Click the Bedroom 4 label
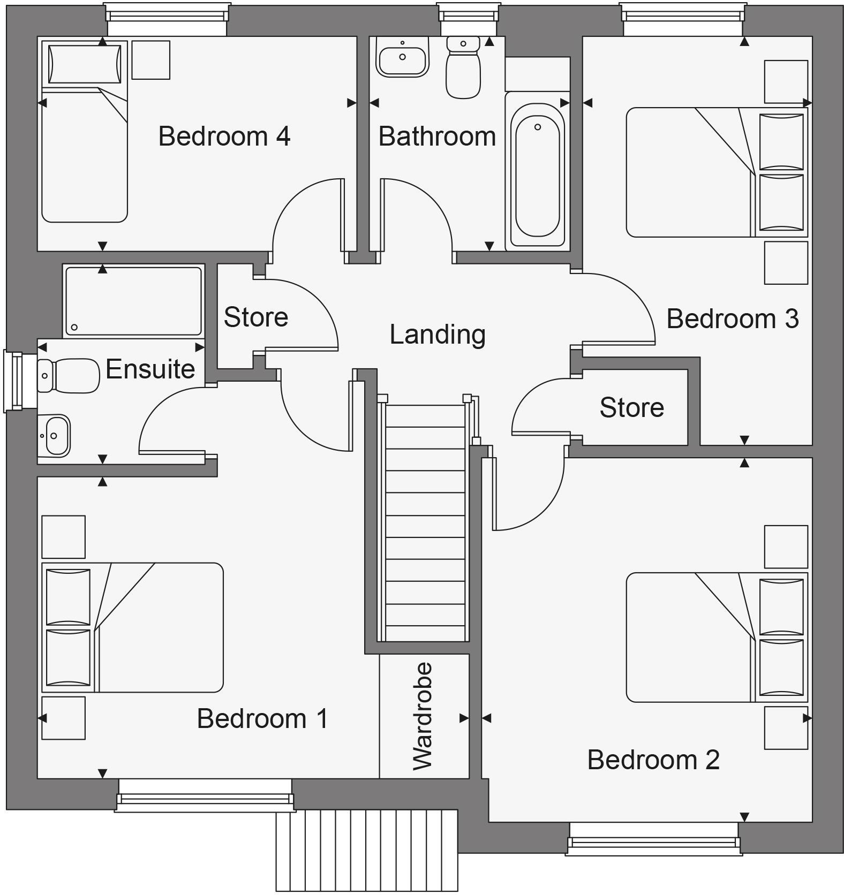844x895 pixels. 224,136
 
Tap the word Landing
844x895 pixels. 437,334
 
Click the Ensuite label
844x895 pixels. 150,369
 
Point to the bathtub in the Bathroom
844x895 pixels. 537,170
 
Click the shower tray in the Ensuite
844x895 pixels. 133,301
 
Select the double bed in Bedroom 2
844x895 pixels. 715,637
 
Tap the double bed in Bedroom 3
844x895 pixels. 715,172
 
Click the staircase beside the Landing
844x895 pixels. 425,522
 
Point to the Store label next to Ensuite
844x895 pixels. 255,317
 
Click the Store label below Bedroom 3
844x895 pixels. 631,407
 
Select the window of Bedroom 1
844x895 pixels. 205,794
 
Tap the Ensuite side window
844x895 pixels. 13,381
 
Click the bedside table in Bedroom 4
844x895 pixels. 150,60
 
